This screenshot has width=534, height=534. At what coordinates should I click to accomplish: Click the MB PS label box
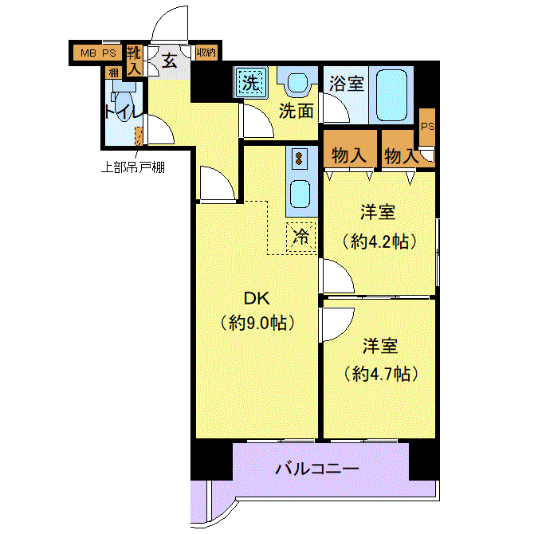96,53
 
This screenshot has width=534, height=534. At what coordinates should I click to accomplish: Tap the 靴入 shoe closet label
135,61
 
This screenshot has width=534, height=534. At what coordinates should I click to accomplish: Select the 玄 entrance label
169,59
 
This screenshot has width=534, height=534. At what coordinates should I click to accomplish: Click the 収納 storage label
206,53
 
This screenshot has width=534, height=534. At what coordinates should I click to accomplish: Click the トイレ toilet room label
122,112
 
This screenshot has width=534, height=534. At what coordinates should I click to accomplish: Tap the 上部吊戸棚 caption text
132,167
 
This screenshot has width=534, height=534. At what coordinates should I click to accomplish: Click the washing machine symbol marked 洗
250,82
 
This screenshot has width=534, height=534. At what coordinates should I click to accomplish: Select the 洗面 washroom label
296,110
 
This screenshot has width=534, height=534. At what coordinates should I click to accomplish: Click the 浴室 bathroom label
347,84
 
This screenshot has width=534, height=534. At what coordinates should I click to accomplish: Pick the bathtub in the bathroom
391,93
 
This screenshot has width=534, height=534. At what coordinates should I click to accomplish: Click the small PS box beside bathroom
428,126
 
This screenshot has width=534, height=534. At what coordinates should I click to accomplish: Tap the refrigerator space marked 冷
301,236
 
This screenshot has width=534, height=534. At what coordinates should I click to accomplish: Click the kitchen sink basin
301,192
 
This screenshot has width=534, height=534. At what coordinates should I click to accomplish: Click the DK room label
257,299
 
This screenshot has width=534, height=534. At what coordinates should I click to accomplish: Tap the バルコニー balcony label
317,468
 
